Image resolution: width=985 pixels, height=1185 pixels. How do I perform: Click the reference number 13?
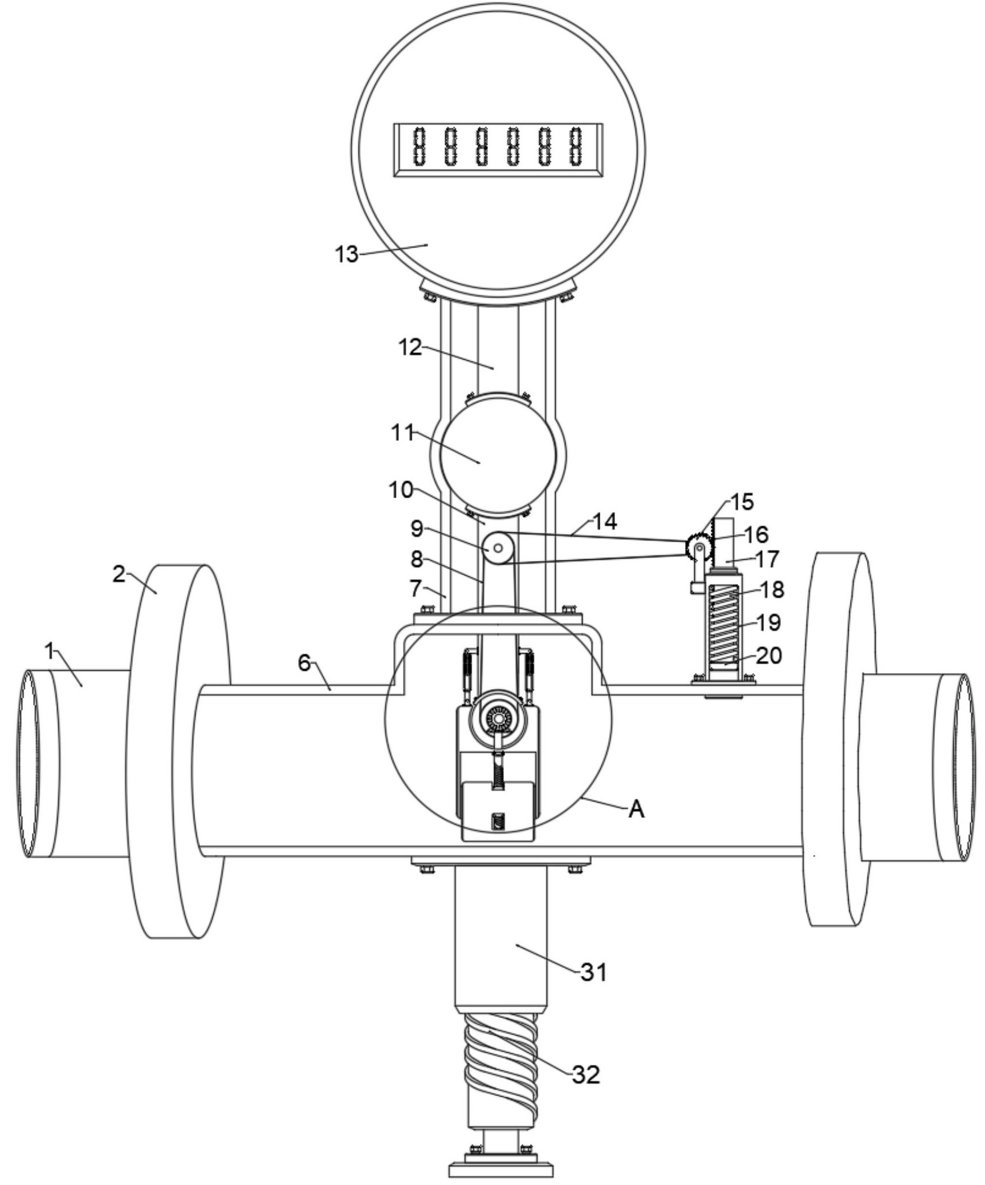(346, 254)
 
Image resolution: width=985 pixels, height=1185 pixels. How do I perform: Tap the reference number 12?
(410, 347)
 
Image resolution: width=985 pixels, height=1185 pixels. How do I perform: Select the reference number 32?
(587, 1074)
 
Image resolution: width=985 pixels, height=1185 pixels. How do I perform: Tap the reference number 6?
(304, 663)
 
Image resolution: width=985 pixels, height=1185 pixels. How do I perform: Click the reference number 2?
(118, 574)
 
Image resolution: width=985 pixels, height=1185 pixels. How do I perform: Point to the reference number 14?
(605, 521)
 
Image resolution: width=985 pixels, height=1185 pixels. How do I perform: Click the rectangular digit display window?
(498, 150)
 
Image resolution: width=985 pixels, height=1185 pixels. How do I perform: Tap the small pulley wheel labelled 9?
(498, 548)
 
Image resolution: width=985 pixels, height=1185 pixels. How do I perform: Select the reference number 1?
(51, 650)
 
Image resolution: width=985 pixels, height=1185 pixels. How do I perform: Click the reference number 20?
(769, 655)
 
